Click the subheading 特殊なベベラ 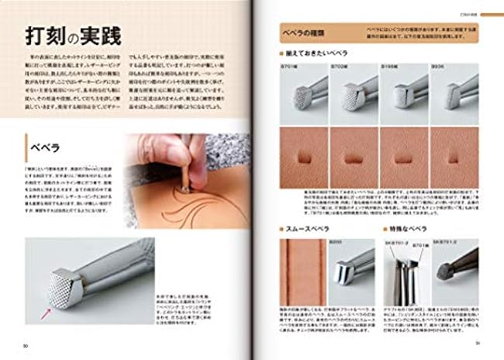(x=411, y=230)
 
